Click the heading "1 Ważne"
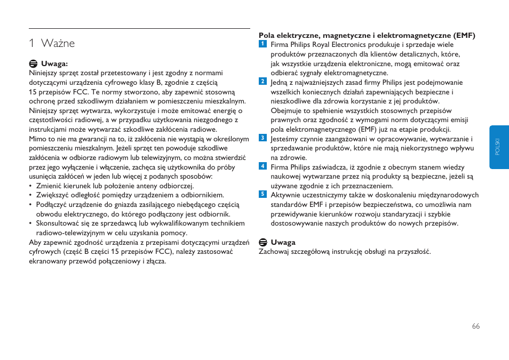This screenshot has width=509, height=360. pyautogui.click(x=52, y=43)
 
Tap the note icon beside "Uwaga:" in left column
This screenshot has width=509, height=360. pyautogui.click(x=33, y=63)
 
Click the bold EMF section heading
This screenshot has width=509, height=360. pyautogui.click(x=367, y=36)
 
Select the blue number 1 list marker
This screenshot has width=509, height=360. pyautogui.click(x=263, y=44)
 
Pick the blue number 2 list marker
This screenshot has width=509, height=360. pyautogui.click(x=263, y=82)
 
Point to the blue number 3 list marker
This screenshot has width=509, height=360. pyautogui.click(x=263, y=138)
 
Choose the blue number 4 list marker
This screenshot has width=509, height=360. pyautogui.click(x=263, y=166)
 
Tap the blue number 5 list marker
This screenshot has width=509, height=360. pyautogui.click(x=263, y=194)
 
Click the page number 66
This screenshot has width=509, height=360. pyautogui.click(x=476, y=326)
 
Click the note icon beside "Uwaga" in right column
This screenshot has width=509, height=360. pyautogui.click(x=263, y=242)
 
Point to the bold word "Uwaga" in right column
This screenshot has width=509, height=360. pyautogui.click(x=283, y=243)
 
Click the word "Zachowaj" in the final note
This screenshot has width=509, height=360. pyautogui.click(x=274, y=252)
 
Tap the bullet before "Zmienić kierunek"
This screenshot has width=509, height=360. pyautogui.click(x=31, y=186)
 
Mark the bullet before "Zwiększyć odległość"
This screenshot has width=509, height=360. pyautogui.click(x=31, y=195)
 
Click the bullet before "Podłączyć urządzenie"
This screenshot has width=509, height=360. pyautogui.click(x=31, y=205)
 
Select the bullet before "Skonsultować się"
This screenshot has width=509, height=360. pyautogui.click(x=31, y=223)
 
